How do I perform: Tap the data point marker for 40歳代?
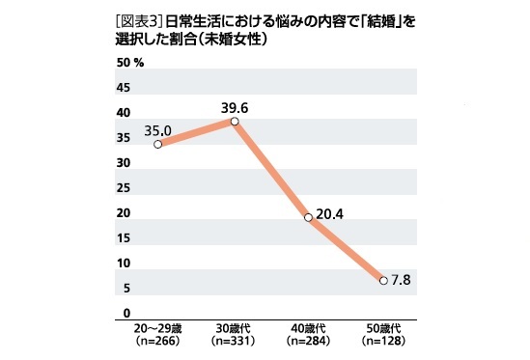coord(309,217)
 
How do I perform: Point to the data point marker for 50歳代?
coord(383,280)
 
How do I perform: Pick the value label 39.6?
coord(235,107)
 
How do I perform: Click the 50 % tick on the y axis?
coord(129,63)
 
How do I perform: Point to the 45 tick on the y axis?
coord(123,88)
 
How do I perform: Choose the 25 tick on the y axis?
coord(123,188)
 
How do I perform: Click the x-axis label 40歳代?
coord(309,329)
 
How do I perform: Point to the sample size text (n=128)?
coord(383,342)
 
